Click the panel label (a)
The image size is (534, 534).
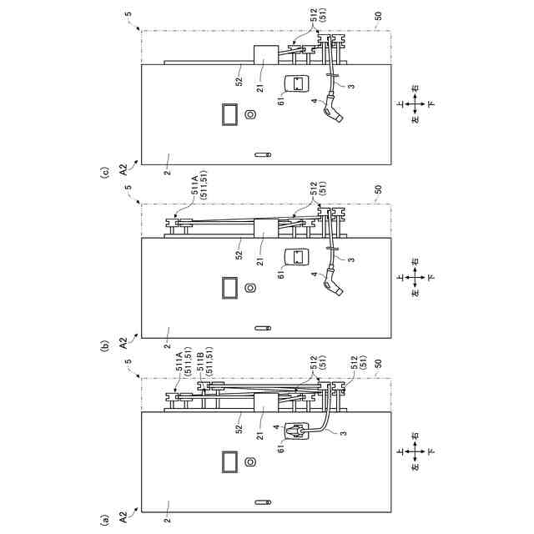(x=104, y=520)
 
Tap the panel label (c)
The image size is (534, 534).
(x=104, y=174)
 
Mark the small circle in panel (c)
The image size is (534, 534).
(x=250, y=114)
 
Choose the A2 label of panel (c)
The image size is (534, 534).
(x=123, y=167)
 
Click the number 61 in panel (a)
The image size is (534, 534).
(x=282, y=446)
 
